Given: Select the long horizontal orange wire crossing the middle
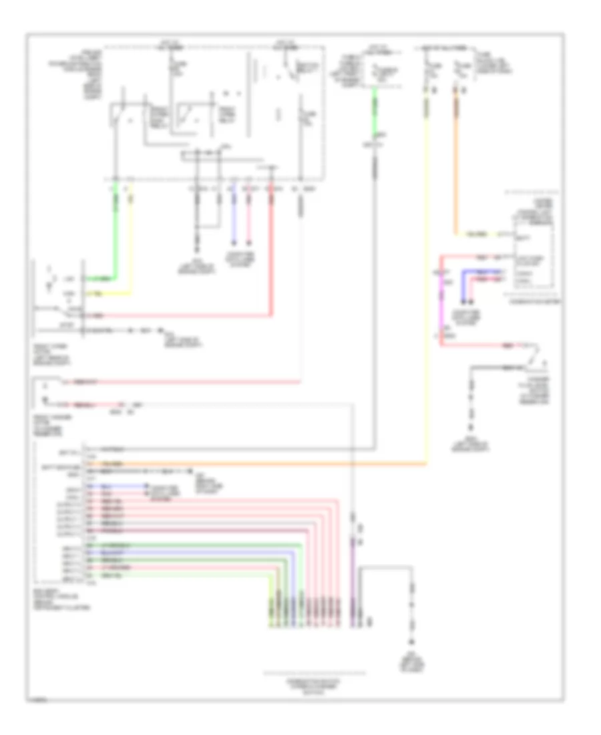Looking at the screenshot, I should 267,462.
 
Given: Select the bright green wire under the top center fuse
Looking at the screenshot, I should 375,114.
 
